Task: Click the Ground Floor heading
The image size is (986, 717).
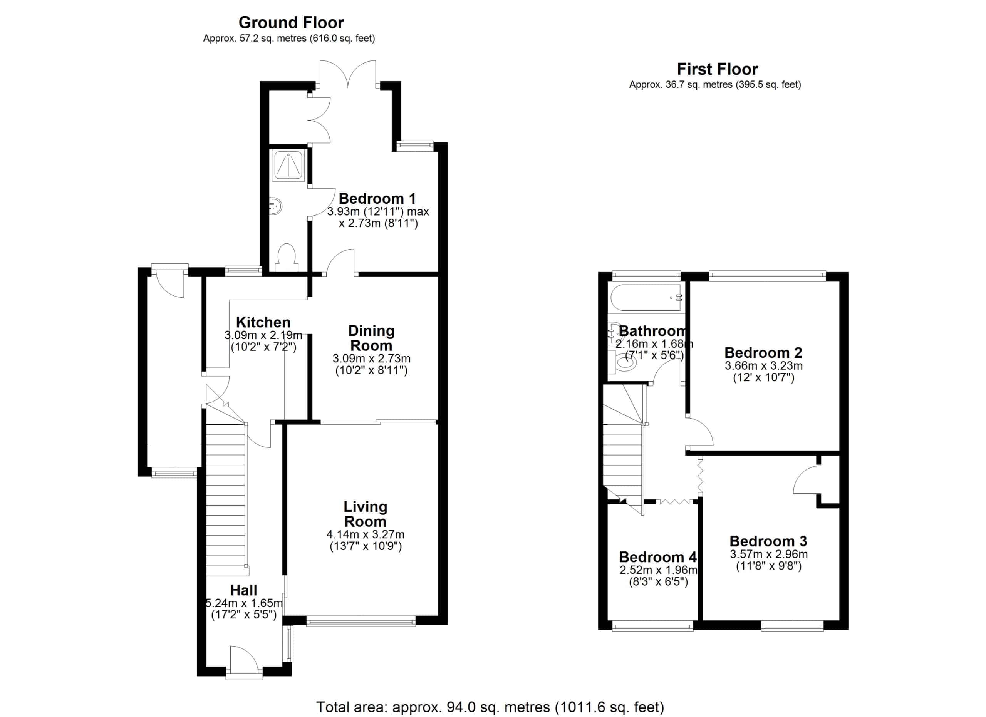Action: coord(291,22)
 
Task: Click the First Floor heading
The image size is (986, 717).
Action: coord(717,69)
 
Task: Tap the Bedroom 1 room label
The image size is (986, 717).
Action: coord(377,199)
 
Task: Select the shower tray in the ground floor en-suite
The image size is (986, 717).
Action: coord(288,165)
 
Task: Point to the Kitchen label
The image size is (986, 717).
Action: coord(263,322)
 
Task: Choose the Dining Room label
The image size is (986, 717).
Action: coord(371,338)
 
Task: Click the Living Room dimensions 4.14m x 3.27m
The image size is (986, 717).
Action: coord(365,534)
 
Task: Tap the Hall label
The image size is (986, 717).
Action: coord(243,590)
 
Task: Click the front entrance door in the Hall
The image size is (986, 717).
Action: coord(244,663)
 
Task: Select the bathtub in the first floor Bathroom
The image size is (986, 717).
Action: coord(646,298)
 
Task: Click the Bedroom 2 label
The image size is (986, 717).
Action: coord(763,352)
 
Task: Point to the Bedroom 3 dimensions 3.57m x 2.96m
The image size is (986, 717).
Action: coord(769,554)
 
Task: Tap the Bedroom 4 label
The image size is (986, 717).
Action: coord(658,557)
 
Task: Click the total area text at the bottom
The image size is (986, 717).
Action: coord(490,707)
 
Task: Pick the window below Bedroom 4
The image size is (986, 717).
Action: coord(652,626)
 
